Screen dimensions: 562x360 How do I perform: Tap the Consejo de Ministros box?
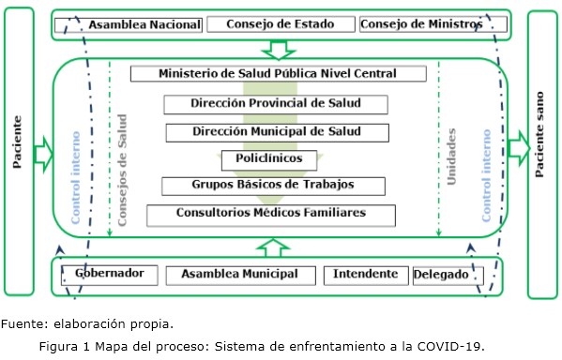(x=420, y=24)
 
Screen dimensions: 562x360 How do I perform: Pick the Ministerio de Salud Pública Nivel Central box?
(x=278, y=74)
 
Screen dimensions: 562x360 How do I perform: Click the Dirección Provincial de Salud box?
(x=276, y=104)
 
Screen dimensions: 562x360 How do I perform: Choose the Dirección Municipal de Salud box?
(x=277, y=132)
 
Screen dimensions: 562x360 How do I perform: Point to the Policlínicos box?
(x=269, y=158)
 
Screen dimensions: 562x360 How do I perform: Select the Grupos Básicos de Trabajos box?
(x=274, y=185)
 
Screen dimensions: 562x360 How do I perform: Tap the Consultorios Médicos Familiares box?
(x=271, y=214)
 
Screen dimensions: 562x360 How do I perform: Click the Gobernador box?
(x=111, y=275)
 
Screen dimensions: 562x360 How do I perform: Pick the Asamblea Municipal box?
(x=241, y=275)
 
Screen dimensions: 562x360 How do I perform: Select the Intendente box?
(x=366, y=275)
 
